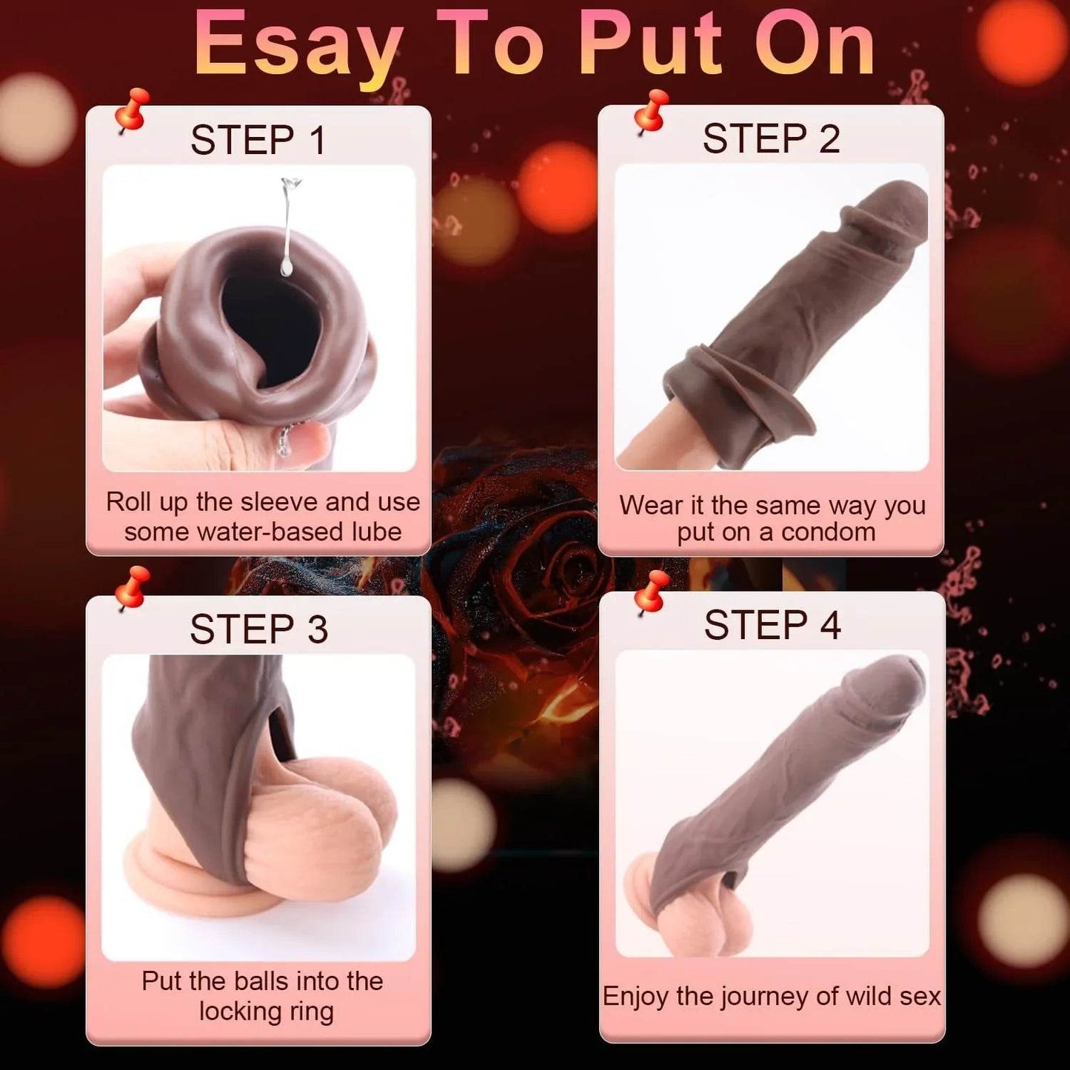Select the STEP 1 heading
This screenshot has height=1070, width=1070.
click(258, 140)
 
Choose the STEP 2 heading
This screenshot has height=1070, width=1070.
click(772, 138)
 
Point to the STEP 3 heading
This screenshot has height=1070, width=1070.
click(258, 629)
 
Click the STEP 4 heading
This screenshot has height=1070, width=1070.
click(772, 625)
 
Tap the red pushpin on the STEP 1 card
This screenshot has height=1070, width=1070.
click(132, 112)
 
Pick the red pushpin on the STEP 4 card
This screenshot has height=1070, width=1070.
click(651, 593)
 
